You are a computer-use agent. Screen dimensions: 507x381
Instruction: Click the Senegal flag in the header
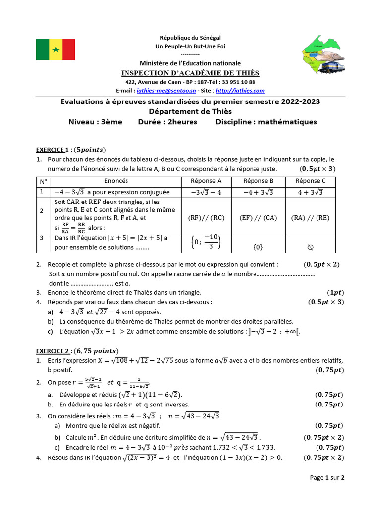56,50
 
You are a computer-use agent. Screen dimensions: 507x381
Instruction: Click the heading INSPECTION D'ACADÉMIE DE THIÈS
190,73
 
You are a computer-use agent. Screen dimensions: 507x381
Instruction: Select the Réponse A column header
206,181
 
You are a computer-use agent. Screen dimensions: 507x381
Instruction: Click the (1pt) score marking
335,292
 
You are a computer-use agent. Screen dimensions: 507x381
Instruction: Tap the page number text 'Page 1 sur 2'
327,478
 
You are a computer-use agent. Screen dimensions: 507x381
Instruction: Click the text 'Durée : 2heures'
168,122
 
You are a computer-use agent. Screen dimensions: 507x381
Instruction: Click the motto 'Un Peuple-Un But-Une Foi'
190,46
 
